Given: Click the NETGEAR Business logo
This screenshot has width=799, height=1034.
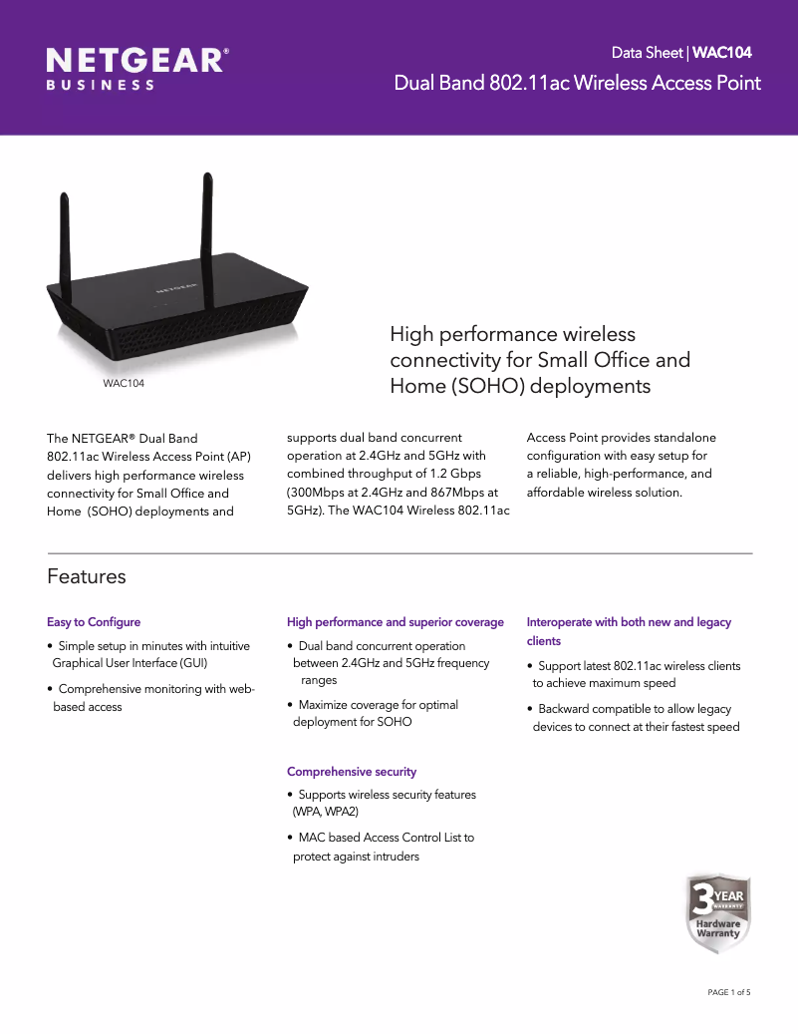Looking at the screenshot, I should point(138,68).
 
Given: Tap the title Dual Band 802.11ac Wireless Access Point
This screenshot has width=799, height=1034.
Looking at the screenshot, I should point(577,83).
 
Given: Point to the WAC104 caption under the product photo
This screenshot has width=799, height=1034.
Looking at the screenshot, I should point(124,384).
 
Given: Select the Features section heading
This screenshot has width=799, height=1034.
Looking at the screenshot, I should point(87,576).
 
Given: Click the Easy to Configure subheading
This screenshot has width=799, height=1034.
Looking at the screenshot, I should point(94,622).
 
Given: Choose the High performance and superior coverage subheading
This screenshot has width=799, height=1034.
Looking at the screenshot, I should point(396,622).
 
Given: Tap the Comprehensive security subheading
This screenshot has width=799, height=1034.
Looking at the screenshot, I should point(352,772).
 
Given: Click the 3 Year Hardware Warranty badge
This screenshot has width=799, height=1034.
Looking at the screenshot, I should point(717,913).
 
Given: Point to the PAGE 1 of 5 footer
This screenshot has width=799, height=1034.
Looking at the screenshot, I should point(728,992).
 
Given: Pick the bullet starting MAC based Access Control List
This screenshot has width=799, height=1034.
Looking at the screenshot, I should point(384,847).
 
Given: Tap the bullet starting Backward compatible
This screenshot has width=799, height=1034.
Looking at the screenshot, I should point(636,718).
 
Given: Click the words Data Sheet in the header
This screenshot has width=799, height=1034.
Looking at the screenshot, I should point(647,52).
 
